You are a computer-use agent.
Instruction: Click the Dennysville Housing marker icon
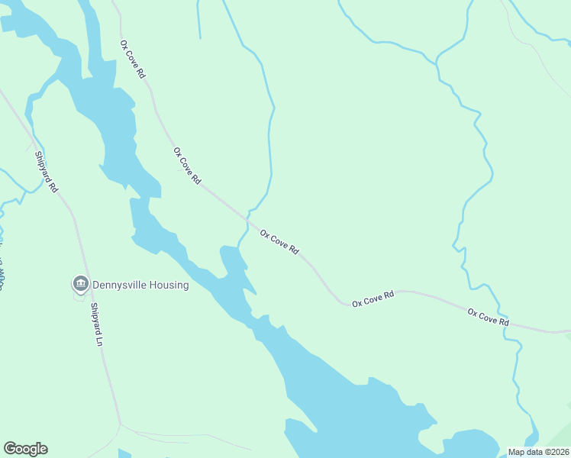click(80, 285)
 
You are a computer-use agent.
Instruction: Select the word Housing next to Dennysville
click(170, 285)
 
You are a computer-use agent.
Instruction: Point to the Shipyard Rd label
click(46, 172)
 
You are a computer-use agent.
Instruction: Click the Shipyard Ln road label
click(96, 324)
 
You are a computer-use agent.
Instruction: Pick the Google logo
click(25, 449)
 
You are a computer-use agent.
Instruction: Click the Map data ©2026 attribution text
click(539, 452)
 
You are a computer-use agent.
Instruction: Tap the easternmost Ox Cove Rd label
click(489, 318)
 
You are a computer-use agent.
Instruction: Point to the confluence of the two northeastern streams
click(436, 59)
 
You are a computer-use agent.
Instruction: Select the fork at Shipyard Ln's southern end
click(120, 424)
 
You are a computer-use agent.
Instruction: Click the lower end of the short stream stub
click(200, 37)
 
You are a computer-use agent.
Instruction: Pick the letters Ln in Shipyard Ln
click(99, 340)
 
